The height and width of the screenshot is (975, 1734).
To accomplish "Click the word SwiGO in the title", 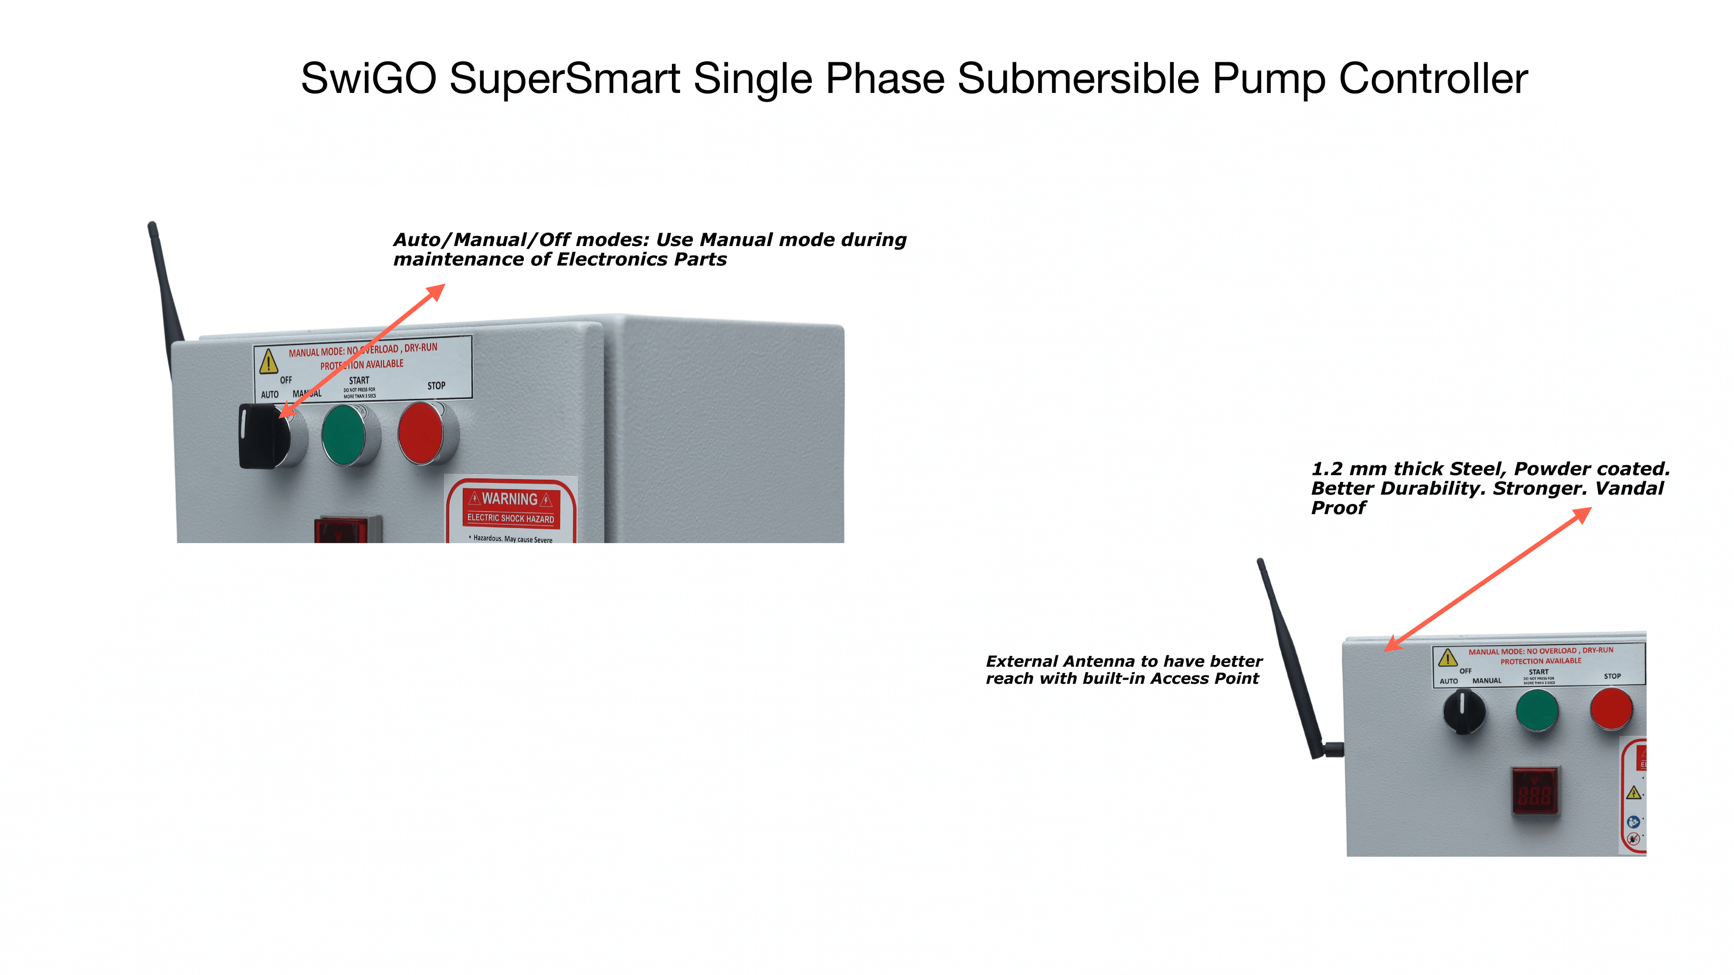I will [368, 79].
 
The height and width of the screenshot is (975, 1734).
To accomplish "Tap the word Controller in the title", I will [1433, 79].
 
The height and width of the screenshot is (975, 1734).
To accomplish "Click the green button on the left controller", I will [344, 434].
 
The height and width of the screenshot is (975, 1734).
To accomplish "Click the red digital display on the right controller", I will [1535, 791].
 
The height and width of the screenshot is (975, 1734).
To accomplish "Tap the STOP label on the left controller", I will [436, 385].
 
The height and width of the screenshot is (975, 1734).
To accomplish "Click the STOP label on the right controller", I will [1612, 676].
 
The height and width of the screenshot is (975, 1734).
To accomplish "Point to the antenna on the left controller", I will [164, 289].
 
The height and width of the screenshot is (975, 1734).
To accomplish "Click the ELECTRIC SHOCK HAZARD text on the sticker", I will [510, 518].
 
